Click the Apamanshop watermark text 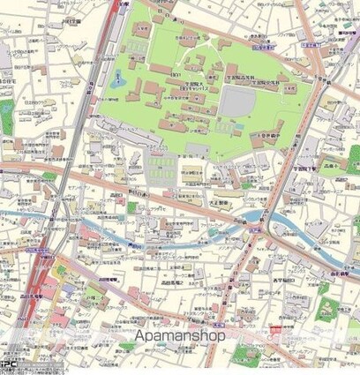tap(180, 336)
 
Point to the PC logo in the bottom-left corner tap(10, 364)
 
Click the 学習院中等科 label tap(266, 137)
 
